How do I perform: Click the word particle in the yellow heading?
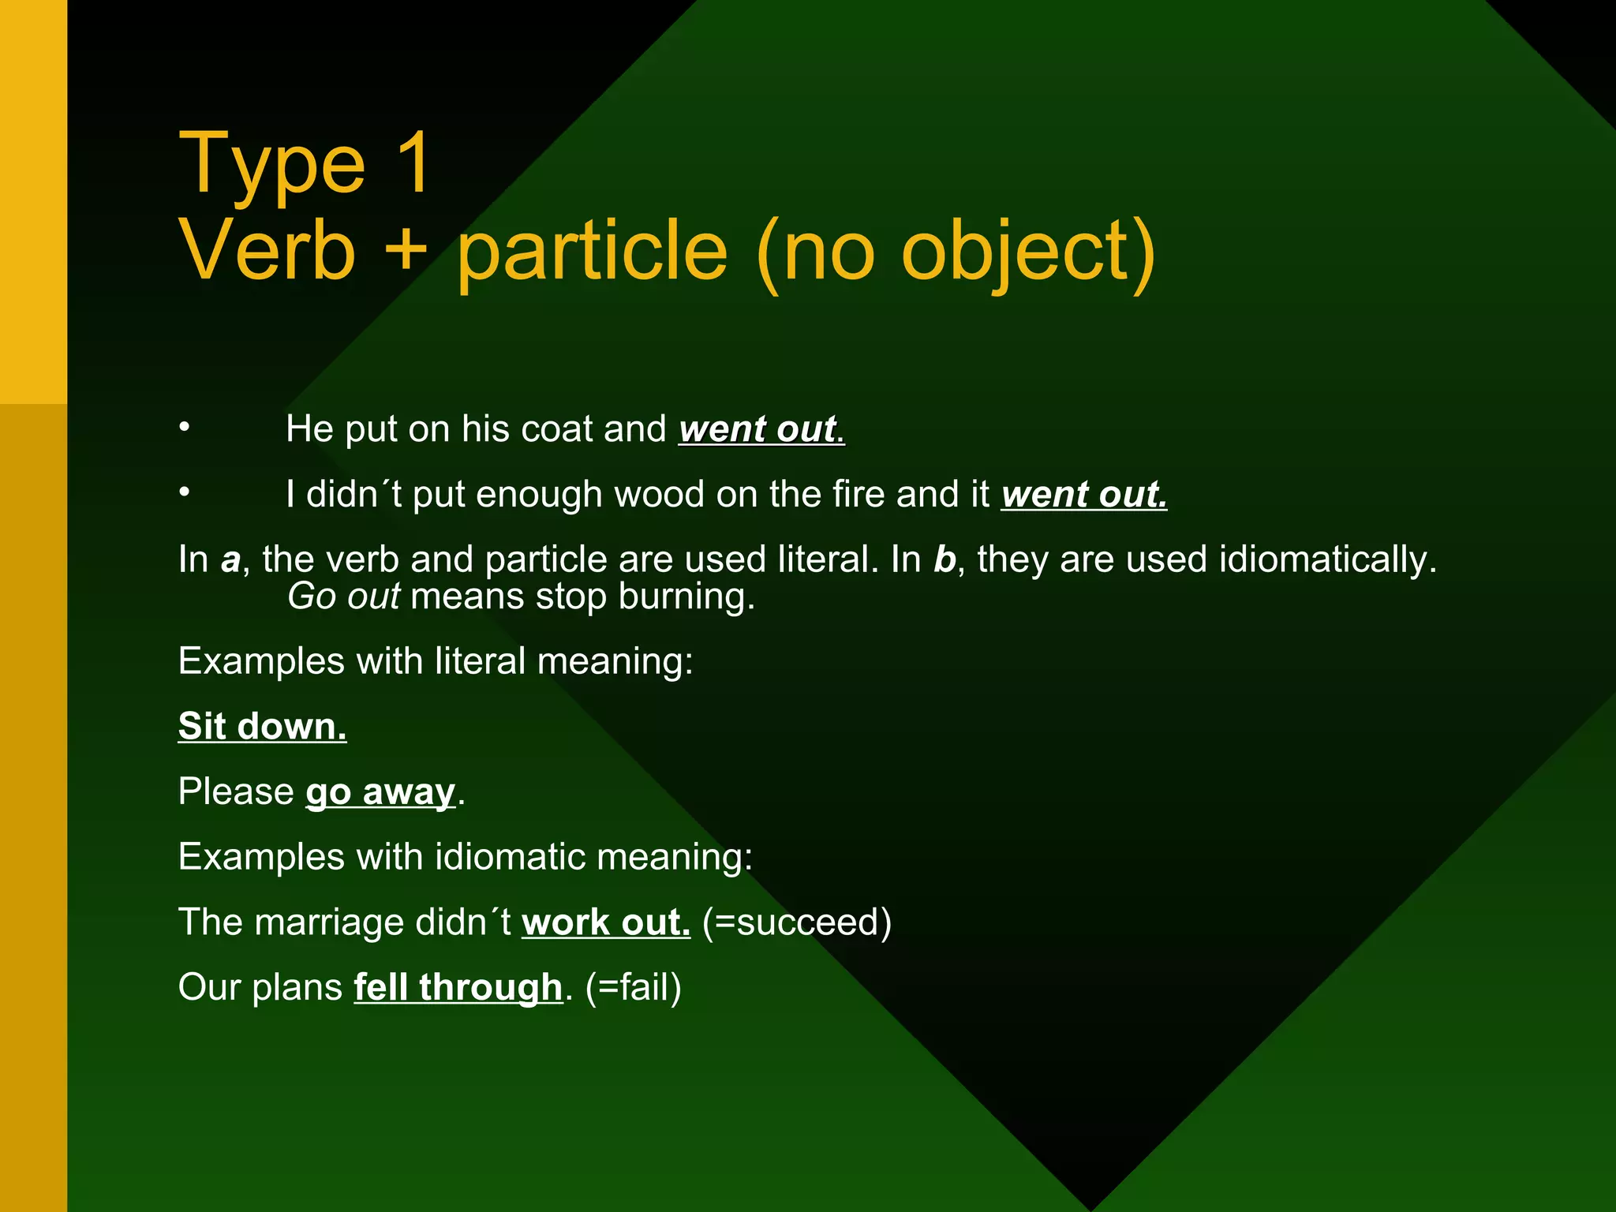tap(592, 252)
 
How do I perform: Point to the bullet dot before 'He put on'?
tap(184, 427)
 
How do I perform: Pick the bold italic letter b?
tap(945, 559)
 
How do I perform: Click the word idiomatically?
tap(1328, 560)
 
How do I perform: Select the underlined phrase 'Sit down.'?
tap(262, 727)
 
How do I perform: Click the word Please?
tap(236, 792)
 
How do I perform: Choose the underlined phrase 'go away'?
tap(380, 792)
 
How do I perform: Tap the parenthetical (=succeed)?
tap(797, 922)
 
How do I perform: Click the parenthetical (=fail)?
tap(634, 988)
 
